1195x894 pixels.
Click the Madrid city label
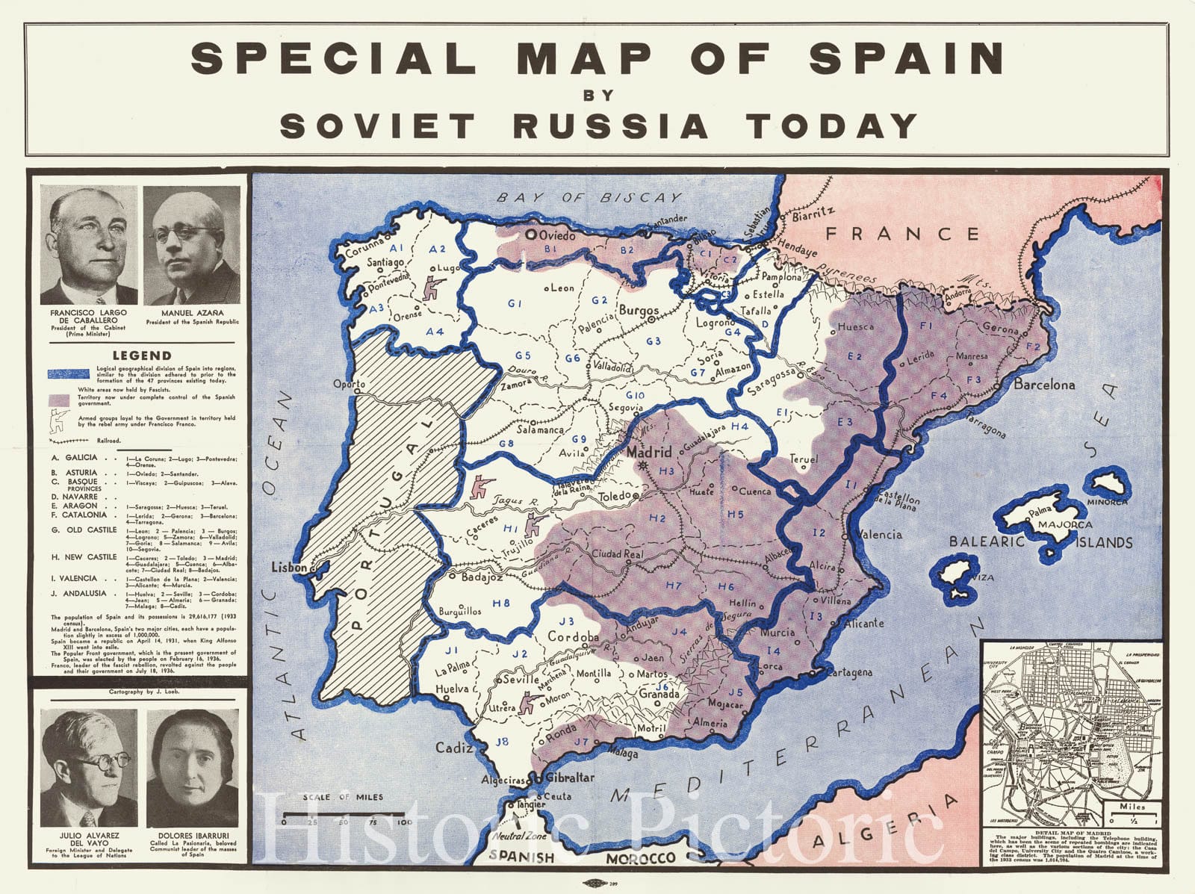[x=649, y=453]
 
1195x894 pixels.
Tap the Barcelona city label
[x=1043, y=385]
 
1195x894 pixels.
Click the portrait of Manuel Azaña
[x=192, y=244]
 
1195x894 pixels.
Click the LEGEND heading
[x=142, y=356]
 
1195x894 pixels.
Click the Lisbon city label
[x=288, y=568]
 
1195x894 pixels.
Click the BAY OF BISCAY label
[x=589, y=198]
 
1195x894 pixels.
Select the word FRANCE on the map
[x=902, y=235]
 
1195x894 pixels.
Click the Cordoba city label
[x=574, y=637]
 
